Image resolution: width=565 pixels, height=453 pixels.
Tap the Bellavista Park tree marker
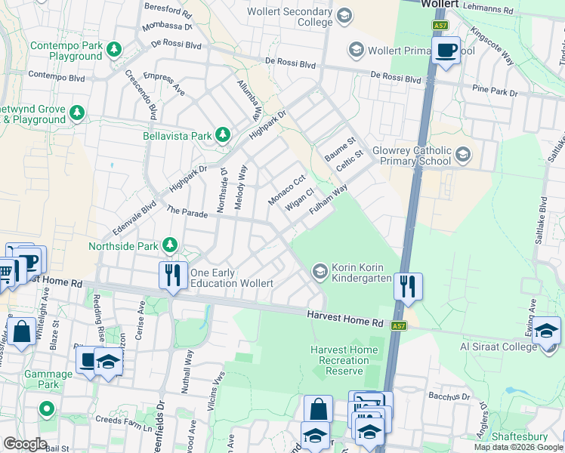(222, 135)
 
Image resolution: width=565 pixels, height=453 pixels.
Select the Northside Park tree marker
(171, 245)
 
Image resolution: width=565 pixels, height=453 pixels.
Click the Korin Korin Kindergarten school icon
(320, 270)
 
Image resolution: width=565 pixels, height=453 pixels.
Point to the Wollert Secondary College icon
(344, 16)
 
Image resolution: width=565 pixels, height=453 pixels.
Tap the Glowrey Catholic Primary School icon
(462, 156)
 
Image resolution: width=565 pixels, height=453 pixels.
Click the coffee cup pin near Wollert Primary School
(446, 51)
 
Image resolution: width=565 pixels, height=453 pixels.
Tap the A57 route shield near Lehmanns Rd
(440, 26)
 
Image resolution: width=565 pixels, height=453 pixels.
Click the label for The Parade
(187, 214)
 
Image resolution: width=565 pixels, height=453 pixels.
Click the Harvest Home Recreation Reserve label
(343, 360)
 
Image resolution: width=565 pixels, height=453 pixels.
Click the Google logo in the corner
(24, 444)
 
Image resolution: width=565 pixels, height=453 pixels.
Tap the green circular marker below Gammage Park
(46, 410)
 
